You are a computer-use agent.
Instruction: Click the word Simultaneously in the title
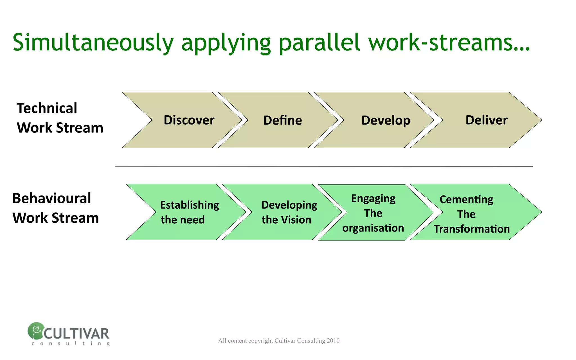tap(93, 43)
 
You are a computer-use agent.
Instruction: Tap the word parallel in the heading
tap(319, 43)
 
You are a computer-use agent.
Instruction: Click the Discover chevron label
tap(189, 120)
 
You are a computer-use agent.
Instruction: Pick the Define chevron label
tap(282, 120)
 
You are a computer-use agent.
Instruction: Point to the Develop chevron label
tap(386, 120)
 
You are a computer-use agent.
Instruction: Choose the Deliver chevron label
tap(486, 120)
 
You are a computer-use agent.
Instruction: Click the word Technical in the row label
tap(47, 108)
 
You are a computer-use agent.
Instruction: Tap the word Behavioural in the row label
tap(52, 198)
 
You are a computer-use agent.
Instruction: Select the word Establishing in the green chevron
tap(190, 205)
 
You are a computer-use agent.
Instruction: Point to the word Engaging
tap(373, 199)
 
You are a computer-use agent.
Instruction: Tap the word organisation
tap(373, 228)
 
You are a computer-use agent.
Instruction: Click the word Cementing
tap(466, 199)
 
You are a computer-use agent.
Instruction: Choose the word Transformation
tap(472, 229)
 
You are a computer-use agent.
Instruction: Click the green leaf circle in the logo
tap(36, 330)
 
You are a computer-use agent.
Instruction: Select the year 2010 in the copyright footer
tap(333, 341)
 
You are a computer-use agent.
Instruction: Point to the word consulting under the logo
tap(71, 343)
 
